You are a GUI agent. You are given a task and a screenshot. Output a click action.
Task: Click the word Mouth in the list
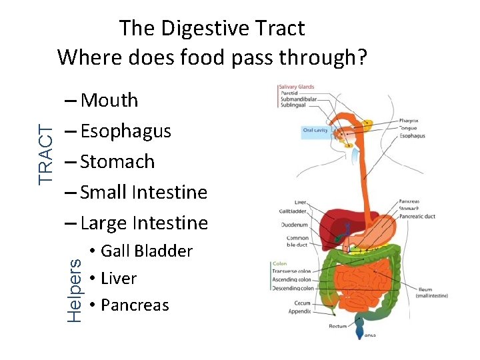coord(109,101)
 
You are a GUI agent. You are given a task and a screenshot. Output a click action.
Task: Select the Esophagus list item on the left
coord(125,131)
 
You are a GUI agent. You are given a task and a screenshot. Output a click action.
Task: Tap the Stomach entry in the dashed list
coord(117,162)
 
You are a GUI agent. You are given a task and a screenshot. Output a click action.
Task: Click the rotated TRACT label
coord(45,155)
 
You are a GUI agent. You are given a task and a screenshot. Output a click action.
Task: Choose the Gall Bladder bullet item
coord(146,251)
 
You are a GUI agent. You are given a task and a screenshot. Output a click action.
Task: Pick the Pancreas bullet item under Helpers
coord(135,305)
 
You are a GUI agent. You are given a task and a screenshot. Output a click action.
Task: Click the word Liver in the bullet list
coord(119,278)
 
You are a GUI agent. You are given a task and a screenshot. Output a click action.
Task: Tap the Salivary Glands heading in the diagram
coord(296,87)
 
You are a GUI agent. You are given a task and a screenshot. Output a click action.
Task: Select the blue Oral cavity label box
coord(315,131)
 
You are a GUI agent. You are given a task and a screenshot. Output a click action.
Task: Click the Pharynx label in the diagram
coord(409,121)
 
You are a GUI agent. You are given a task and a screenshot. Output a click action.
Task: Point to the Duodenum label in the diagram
coord(293,225)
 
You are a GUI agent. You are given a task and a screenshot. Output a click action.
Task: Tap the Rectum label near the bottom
coord(339,326)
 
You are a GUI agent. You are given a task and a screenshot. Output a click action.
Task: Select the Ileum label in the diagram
coord(425,290)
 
